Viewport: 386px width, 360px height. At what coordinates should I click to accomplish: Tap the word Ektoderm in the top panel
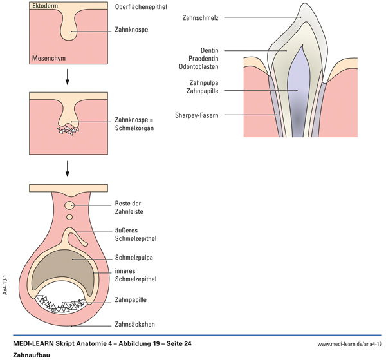pos(44,6)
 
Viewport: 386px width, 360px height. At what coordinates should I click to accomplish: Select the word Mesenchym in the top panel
pos(48,59)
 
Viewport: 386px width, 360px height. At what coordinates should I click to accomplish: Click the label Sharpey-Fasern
pos(196,115)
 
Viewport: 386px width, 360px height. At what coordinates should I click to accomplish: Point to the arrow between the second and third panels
pos(67,169)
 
